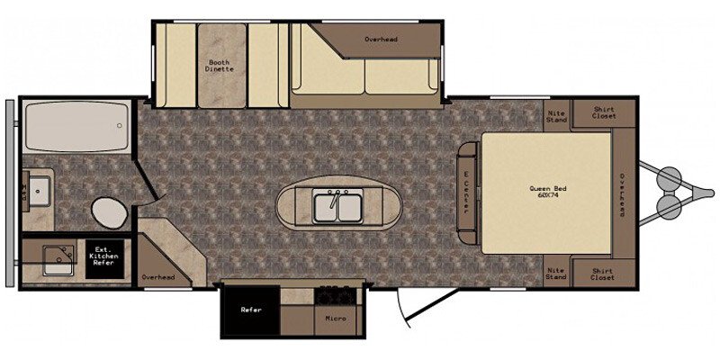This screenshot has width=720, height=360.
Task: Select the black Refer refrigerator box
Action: (251, 310)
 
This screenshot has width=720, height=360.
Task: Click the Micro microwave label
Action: (335, 319)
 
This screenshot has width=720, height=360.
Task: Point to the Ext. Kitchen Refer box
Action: (104, 259)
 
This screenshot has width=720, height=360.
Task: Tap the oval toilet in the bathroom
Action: (109, 212)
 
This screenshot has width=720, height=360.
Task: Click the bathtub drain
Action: (120, 125)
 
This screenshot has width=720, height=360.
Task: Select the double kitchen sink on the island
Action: (337, 208)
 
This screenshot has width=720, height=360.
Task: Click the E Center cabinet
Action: (467, 193)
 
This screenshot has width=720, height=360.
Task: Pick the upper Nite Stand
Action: (556, 116)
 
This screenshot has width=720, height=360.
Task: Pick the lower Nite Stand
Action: (556, 271)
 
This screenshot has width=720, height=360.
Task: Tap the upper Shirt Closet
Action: (603, 113)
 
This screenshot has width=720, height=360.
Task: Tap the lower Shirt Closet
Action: (603, 274)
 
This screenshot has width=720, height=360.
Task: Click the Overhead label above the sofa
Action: (381, 40)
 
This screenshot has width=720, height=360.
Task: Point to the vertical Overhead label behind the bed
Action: (623, 194)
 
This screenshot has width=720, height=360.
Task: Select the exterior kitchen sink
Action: (58, 260)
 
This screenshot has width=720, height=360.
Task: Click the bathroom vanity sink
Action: (39, 191)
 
